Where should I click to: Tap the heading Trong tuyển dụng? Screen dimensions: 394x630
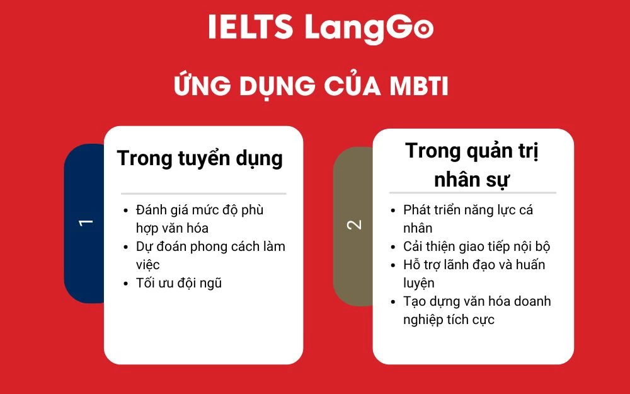200,158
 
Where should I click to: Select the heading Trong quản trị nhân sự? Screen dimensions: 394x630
472,165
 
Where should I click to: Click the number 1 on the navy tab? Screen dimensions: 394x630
86,222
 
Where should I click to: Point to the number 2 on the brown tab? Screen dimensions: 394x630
355,224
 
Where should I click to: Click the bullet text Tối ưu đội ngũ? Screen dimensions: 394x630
179,283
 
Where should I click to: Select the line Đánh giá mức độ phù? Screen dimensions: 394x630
200,210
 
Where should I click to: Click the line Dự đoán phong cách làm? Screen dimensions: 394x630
210,246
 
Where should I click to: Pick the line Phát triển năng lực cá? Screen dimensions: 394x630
468,210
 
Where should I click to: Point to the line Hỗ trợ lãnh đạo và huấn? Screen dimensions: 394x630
474,265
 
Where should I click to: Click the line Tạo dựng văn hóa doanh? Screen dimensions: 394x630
477,301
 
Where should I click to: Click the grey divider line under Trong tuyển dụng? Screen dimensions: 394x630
203,194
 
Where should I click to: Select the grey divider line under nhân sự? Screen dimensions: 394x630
472,192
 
